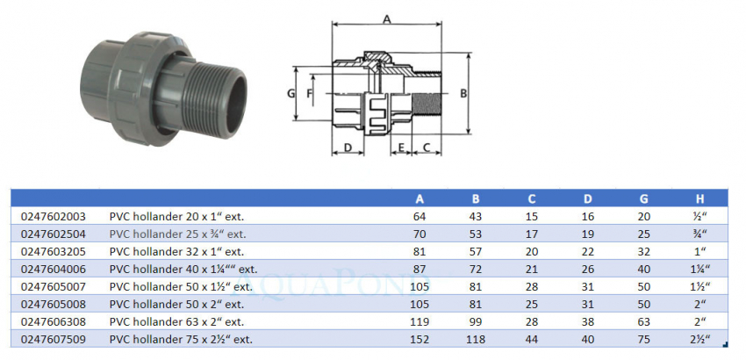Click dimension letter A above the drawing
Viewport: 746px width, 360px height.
pos(386,18)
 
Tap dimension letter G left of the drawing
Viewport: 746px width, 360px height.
pos(291,92)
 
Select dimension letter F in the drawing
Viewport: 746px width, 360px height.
pos(310,92)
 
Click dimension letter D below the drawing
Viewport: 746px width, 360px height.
pos(348,148)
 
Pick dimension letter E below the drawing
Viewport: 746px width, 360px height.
pos(401,148)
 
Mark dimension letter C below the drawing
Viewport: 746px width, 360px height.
pos(427,148)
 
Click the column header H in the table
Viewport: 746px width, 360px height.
pos(699,198)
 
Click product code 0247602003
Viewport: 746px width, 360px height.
pos(52,216)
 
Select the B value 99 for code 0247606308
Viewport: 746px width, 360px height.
pos(475,321)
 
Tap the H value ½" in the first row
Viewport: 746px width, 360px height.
pos(699,216)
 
